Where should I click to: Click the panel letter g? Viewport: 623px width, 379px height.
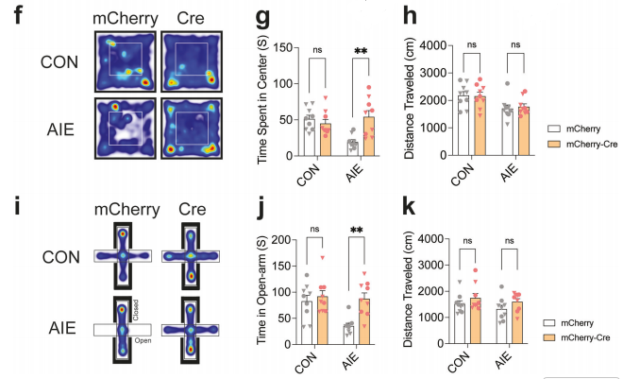262,18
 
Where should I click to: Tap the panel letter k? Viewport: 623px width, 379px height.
410,207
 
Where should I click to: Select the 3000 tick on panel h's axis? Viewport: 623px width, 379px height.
434,73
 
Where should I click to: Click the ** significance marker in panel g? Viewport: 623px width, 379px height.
361,51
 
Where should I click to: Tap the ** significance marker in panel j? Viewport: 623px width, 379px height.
357,231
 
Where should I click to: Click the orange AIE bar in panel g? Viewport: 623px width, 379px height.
369,136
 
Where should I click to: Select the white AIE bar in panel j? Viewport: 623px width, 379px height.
348,335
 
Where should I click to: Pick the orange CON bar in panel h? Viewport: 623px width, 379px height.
480,126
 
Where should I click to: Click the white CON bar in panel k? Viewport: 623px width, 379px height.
460,323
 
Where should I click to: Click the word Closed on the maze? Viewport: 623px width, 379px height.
136,310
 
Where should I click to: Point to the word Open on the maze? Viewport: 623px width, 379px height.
143,340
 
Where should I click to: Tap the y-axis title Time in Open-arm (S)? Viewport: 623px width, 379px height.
261,290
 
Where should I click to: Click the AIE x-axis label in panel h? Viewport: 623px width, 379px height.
509,173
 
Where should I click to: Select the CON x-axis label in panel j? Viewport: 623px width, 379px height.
307,363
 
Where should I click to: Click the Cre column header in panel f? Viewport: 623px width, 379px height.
191,18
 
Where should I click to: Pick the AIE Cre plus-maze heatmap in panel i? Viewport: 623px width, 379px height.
191,330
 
